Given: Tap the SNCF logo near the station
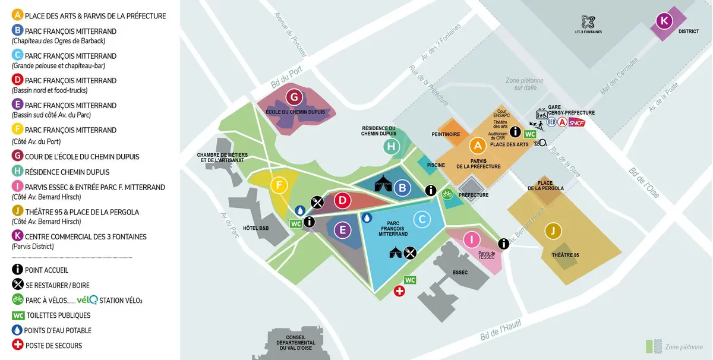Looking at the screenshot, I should tap(576, 122).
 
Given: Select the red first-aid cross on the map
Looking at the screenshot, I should tap(400, 291).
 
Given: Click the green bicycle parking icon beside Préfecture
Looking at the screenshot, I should tap(447, 194).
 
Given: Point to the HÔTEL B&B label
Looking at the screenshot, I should tap(257, 228).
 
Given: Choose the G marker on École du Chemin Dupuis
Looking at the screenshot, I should tap(294, 97).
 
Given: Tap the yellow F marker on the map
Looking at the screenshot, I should tap(279, 185).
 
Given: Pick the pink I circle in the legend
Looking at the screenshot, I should tap(18, 187).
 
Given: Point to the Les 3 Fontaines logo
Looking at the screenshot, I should tap(588, 24).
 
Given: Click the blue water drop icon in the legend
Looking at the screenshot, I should tap(18, 330).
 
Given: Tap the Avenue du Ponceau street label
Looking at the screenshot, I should tap(290, 35).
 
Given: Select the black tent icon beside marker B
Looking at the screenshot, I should tap(383, 183).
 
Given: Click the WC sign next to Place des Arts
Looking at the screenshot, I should tap(530, 134).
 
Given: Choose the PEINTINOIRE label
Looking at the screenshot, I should tap(446, 134).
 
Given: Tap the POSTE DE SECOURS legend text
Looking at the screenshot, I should tap(53, 345).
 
